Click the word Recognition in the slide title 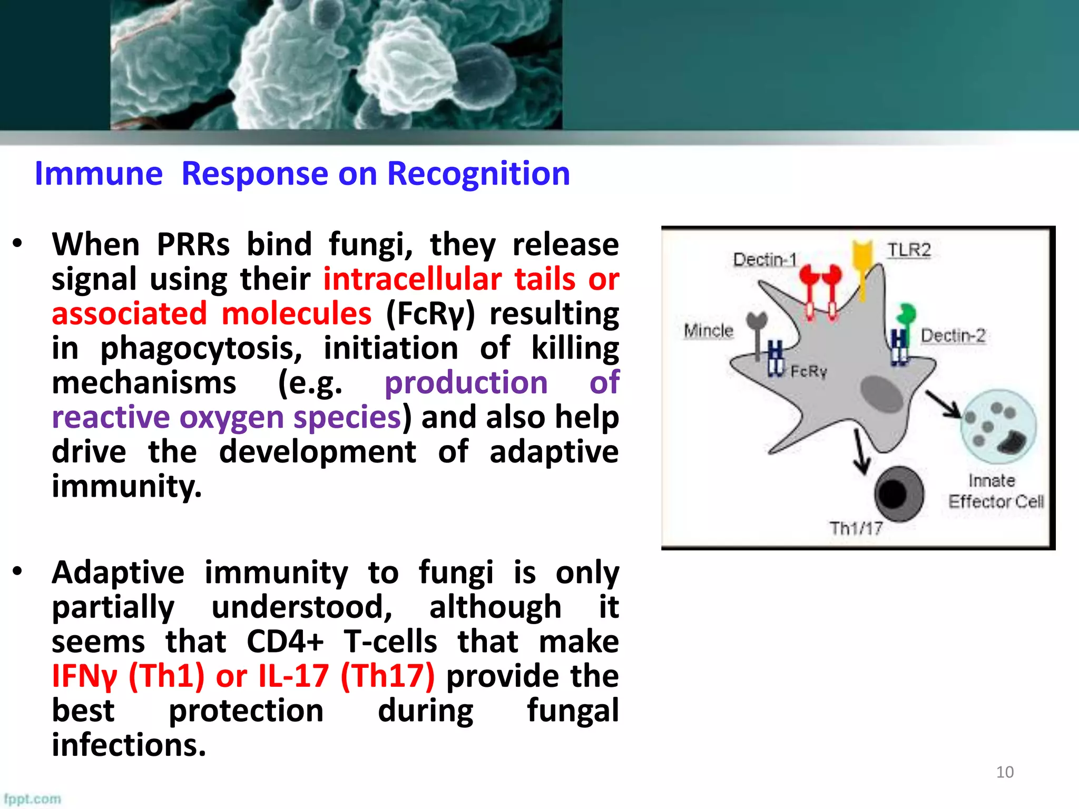pos(478,174)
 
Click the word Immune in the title pos(99,174)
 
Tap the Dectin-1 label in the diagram pos(764,260)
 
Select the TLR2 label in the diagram pos(909,250)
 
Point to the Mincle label pos(708,331)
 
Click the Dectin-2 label pos(953,336)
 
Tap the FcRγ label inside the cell pos(808,372)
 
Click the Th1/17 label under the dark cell pos(856,528)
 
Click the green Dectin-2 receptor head pos(907,314)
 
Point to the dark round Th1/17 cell pos(899,494)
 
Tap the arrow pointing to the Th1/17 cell pos(860,452)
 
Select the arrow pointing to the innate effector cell pos(944,404)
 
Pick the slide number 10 pos(1004,772)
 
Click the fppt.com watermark pos(32,799)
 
